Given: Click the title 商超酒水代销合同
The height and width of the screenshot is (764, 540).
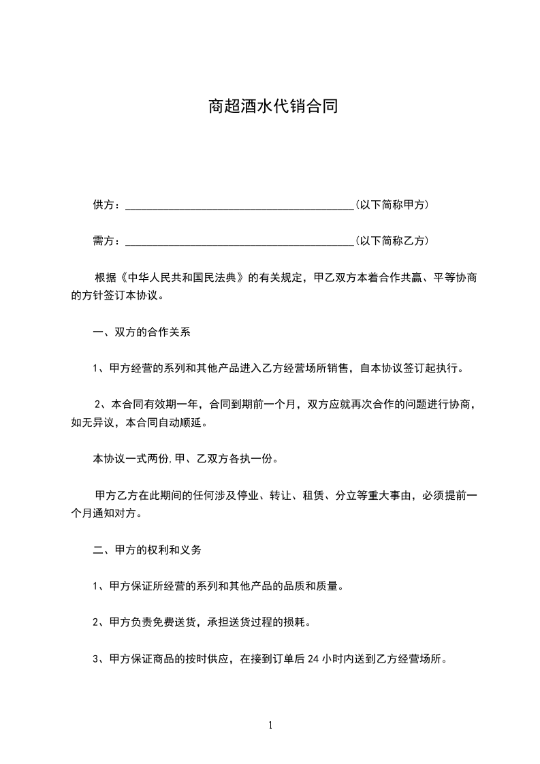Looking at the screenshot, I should (272, 107).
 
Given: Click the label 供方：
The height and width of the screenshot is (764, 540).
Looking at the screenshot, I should (107, 205).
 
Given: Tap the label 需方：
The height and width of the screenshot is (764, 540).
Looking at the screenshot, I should (107, 241).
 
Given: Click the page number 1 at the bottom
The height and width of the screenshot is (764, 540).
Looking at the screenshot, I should (270, 725).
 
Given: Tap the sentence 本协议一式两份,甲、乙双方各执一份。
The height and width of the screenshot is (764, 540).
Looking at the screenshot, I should (185, 459).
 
